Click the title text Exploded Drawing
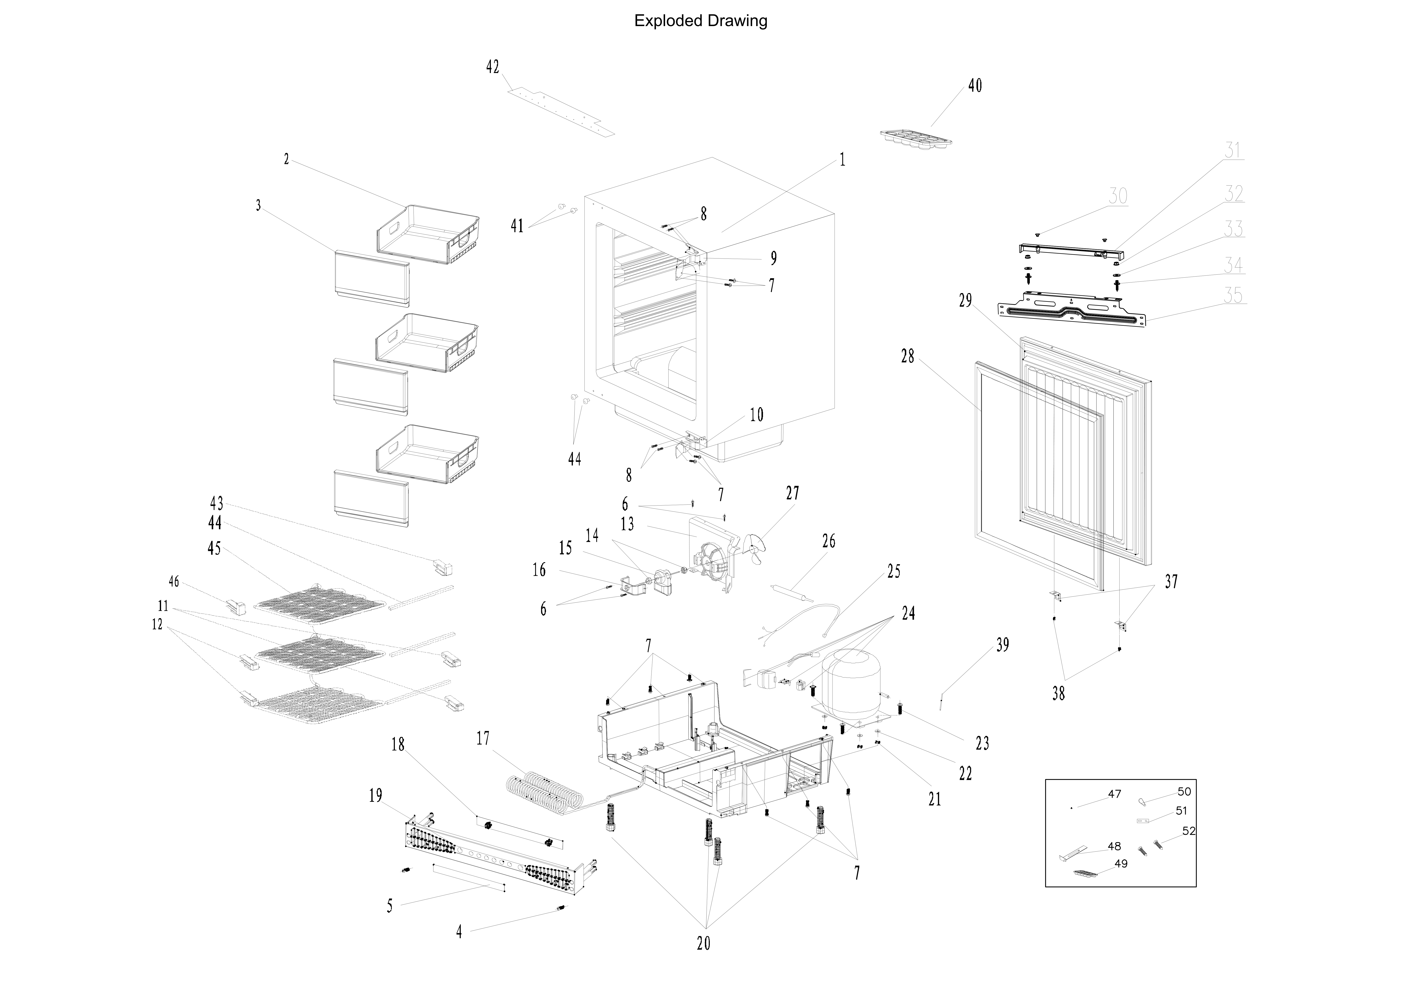pyautogui.click(x=700, y=21)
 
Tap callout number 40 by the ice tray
pyautogui.click(x=975, y=85)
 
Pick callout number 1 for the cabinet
pyautogui.click(x=843, y=160)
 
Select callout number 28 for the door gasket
pyautogui.click(x=908, y=356)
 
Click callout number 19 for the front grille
pyautogui.click(x=376, y=795)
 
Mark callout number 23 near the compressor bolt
pyautogui.click(x=983, y=743)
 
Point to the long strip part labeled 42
pyautogui.click(x=561, y=112)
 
